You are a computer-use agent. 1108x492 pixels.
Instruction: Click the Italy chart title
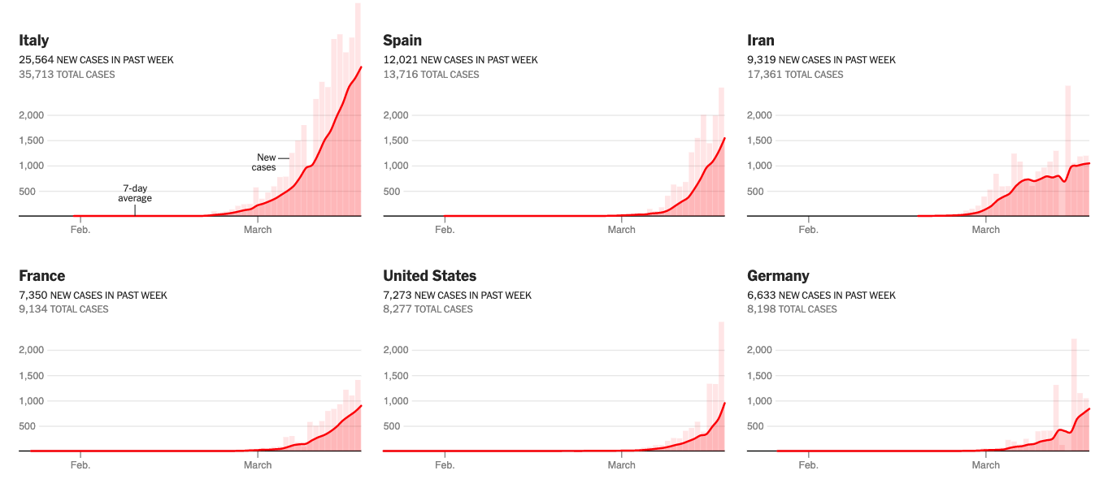tap(34, 41)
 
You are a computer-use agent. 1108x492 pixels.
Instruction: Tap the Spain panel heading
tap(402, 41)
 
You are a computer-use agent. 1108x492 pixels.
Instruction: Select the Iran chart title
tap(761, 41)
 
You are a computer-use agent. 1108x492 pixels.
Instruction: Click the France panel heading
tap(42, 276)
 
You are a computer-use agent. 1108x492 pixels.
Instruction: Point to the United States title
tap(430, 276)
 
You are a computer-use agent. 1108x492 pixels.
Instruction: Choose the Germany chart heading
tap(779, 276)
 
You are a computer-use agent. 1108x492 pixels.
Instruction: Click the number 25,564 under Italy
tap(37, 60)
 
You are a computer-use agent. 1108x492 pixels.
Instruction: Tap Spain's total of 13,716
tap(399, 75)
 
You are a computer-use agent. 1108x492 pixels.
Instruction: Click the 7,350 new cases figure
tap(33, 296)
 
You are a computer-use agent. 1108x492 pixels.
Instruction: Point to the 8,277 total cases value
tap(397, 309)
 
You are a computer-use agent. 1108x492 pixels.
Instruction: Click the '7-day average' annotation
tap(135, 192)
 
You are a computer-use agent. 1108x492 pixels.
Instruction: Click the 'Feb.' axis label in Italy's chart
tap(80, 230)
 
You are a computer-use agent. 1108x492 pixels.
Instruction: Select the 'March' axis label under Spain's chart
tap(622, 230)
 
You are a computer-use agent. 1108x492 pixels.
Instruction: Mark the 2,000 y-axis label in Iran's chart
tap(761, 115)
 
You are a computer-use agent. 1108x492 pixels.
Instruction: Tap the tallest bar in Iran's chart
tap(1068, 150)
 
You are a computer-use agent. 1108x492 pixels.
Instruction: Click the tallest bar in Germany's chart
tap(1074, 394)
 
